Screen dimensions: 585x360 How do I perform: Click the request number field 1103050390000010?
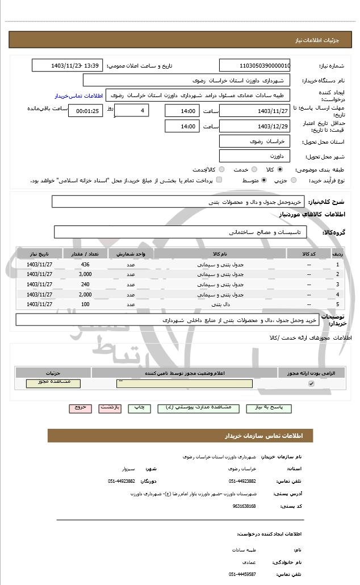(254, 65)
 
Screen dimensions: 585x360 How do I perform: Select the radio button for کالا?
(279, 169)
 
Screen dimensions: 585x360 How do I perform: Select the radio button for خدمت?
(254, 169)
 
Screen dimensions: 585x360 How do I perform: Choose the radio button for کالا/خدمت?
(221, 169)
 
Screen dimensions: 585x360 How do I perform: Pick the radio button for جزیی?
(294, 180)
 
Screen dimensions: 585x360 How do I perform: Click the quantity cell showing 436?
(85, 265)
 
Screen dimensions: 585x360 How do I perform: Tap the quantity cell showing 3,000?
(85, 274)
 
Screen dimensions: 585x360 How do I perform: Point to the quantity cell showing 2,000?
(85, 294)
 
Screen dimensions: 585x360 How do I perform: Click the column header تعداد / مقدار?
(85, 253)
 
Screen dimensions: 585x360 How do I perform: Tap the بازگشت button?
(110, 408)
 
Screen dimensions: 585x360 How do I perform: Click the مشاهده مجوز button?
(53, 383)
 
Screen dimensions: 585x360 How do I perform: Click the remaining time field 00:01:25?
(86, 111)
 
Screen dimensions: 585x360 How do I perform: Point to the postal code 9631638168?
(244, 505)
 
